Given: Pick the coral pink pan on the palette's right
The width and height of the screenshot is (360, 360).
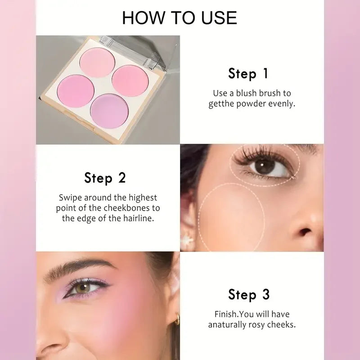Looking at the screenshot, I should click(x=130, y=80).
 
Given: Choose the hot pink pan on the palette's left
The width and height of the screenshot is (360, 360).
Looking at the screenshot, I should click(x=75, y=90).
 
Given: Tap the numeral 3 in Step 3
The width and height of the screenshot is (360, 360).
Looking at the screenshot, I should click(x=265, y=295).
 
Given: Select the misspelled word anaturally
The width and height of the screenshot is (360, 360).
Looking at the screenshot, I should click(x=227, y=324).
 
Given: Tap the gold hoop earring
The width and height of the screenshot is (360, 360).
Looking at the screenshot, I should click(x=176, y=319).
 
